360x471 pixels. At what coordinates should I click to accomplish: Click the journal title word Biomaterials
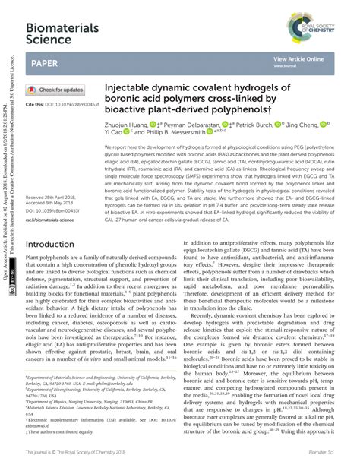point(63,27)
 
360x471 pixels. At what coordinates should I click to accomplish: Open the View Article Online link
point(298,58)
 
